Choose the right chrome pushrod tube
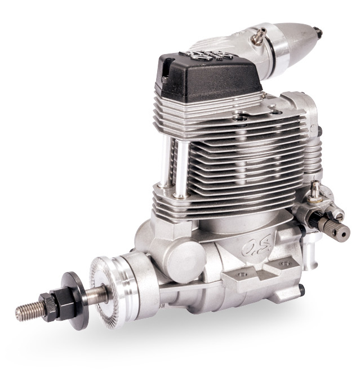pos(181,163)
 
